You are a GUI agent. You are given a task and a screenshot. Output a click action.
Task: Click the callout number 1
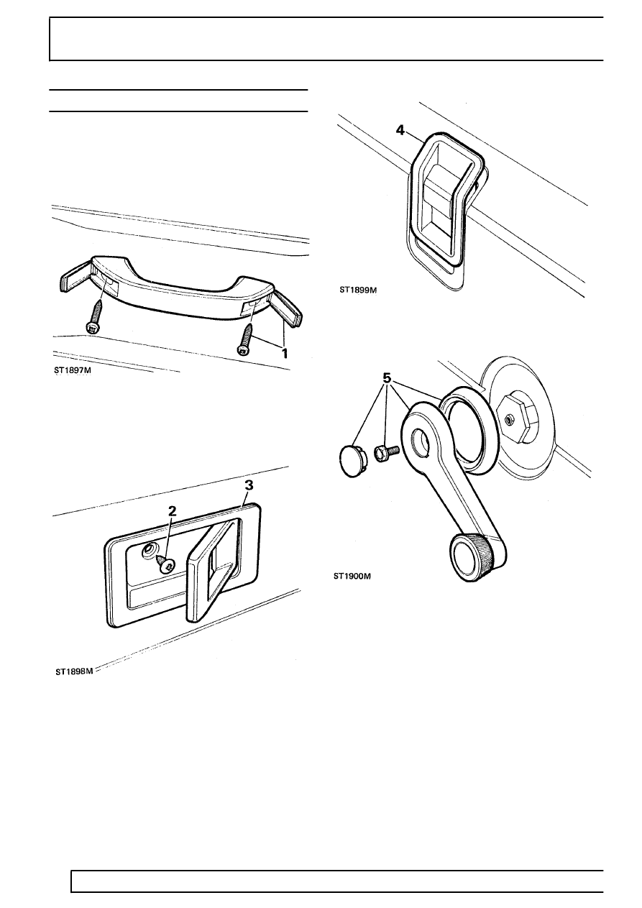click(285, 353)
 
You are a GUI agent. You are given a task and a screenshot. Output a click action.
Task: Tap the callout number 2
click(173, 510)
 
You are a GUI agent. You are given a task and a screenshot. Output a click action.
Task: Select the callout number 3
click(249, 485)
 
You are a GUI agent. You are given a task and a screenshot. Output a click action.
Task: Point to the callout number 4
click(400, 131)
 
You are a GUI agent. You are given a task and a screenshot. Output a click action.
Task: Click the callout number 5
click(387, 378)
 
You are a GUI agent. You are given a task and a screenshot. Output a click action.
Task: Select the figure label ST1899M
click(358, 290)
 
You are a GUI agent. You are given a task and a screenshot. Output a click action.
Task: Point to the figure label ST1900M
click(352, 576)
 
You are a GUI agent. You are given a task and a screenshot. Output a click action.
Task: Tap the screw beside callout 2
click(165, 564)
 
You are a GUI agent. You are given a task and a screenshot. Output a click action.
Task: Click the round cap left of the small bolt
click(352, 459)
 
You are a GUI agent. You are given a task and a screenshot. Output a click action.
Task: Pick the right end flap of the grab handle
click(287, 307)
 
